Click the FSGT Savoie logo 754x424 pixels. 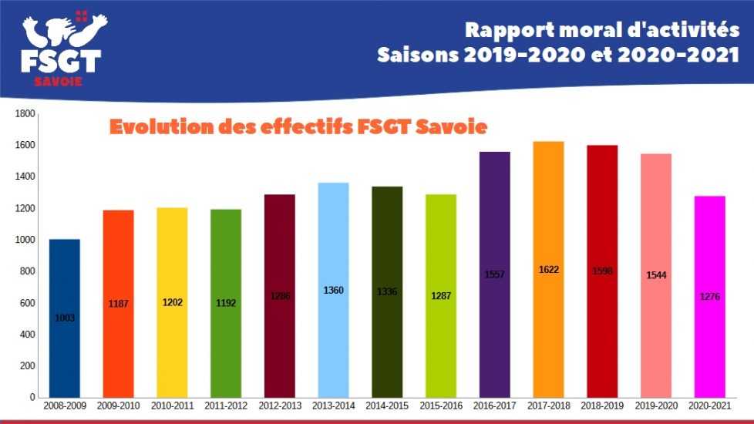pyautogui.click(x=62, y=47)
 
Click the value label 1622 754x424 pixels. pyautogui.click(x=548, y=270)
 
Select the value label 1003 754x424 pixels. pyautogui.click(x=65, y=318)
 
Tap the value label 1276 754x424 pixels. pyautogui.click(x=709, y=297)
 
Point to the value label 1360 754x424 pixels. pyautogui.click(x=333, y=291)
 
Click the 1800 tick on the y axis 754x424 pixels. pyautogui.click(x=25, y=114)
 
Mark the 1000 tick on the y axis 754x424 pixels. pyautogui.click(x=25, y=240)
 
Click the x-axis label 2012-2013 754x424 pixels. pyautogui.click(x=280, y=405)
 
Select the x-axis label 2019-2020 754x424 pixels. pyautogui.click(x=656, y=405)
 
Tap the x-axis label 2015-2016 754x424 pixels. pyautogui.click(x=441, y=405)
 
